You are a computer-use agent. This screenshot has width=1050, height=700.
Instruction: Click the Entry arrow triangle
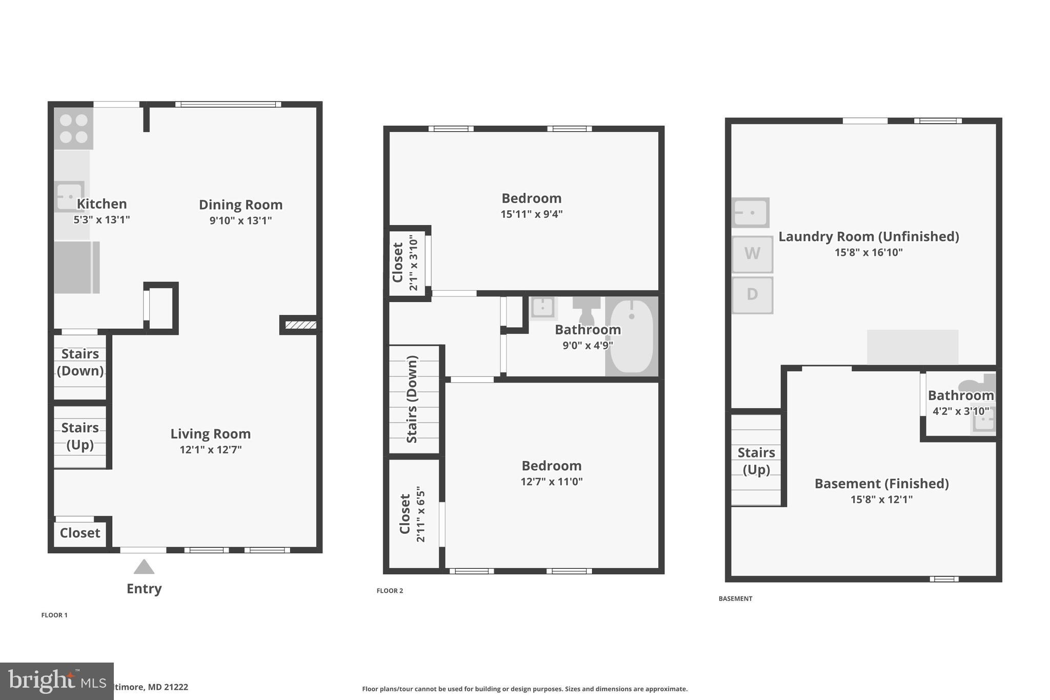tap(144, 567)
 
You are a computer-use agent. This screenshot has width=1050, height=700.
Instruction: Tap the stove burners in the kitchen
tap(74, 129)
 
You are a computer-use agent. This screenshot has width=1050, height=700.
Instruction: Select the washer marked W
tap(752, 254)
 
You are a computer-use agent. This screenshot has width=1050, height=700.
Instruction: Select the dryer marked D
tap(752, 295)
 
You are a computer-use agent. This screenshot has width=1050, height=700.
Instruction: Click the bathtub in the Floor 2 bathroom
tap(632, 336)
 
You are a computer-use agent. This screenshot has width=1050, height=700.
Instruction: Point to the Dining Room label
tap(240, 205)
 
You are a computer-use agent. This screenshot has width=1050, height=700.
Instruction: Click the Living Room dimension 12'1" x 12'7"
tap(210, 450)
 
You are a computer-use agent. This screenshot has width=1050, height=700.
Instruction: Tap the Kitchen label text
tap(102, 204)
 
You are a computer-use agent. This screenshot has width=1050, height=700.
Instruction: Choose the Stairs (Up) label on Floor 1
tap(80, 436)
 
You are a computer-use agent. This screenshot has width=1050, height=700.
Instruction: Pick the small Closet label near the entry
tap(80, 533)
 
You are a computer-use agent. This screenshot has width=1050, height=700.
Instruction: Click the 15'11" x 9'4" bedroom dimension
tap(531, 214)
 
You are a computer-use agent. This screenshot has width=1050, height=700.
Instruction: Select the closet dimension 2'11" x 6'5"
tap(421, 514)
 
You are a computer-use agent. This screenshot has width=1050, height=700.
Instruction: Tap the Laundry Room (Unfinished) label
tap(869, 236)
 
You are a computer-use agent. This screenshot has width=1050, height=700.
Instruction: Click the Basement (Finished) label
tap(881, 484)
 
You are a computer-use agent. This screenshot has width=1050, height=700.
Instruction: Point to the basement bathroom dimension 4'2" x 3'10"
tap(960, 411)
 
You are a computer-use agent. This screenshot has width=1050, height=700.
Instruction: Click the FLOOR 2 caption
tap(390, 591)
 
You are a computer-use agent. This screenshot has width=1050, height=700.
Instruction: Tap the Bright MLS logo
tap(56, 681)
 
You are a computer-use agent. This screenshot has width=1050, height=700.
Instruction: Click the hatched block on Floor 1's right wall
tap(300, 325)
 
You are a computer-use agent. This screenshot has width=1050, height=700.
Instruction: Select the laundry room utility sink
tap(750, 212)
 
